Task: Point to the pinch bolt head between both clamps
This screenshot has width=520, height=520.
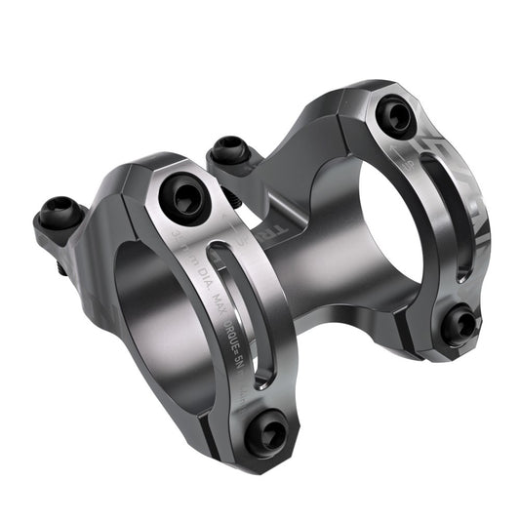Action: coord(230,150)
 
